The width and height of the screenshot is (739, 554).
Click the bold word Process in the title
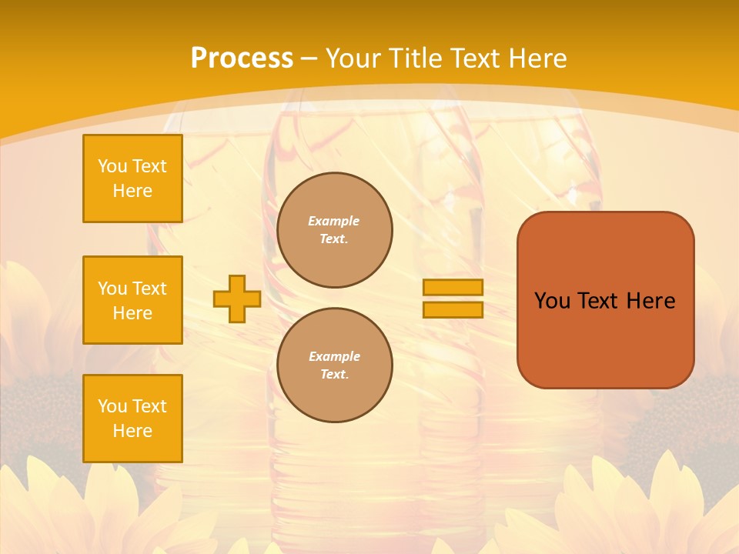pos(242,58)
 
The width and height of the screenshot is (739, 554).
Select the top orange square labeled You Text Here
pos(132,179)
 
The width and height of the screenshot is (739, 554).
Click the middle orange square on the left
pos(132,300)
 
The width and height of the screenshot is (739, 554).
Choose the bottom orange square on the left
pos(132,419)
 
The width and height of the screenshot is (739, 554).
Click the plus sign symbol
pos(236,299)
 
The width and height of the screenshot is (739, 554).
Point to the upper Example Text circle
pos(335,230)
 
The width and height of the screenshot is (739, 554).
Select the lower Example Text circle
pos(335,365)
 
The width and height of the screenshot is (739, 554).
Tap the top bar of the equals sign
pos(453,287)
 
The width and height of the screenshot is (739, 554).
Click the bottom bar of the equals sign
pos(453,309)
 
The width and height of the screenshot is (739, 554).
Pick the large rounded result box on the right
pos(605,300)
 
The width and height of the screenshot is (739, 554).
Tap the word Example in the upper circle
pos(334,221)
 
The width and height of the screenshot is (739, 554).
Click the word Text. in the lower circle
pos(334,375)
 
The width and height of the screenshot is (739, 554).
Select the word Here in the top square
pos(132,191)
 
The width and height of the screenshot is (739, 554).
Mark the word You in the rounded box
pos(553,301)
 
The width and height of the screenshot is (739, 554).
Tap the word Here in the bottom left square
pos(132,431)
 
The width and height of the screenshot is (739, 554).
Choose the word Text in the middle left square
pos(149,289)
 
